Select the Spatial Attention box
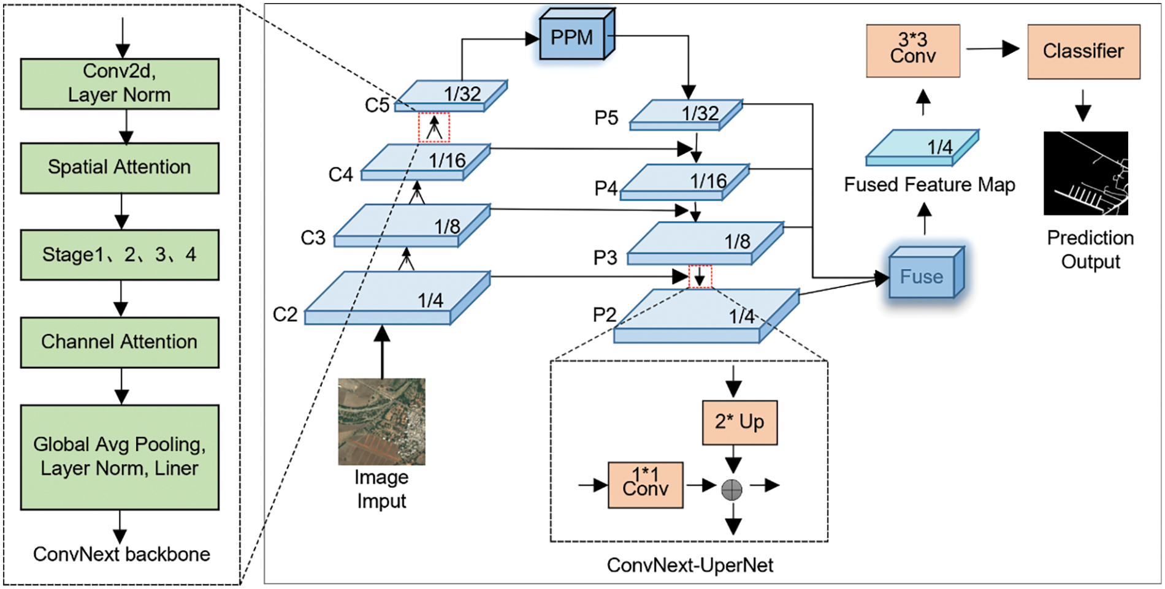pos(120,168)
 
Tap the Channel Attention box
pos(120,342)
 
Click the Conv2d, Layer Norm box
pos(120,83)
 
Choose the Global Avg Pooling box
pos(120,457)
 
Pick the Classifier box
pos(1083,51)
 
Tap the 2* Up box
pos(739,422)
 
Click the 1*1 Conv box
pos(645,485)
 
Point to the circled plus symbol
pos(731,490)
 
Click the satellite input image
pos(381,421)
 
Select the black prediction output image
pos(1085,173)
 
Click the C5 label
pos(377,105)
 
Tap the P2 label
pos(604,315)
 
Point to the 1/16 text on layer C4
pos(447,161)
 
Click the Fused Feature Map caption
pos(929,184)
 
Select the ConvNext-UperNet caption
pos(690,565)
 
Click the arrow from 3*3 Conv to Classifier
pos(993,49)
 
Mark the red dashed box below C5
pos(434,127)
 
